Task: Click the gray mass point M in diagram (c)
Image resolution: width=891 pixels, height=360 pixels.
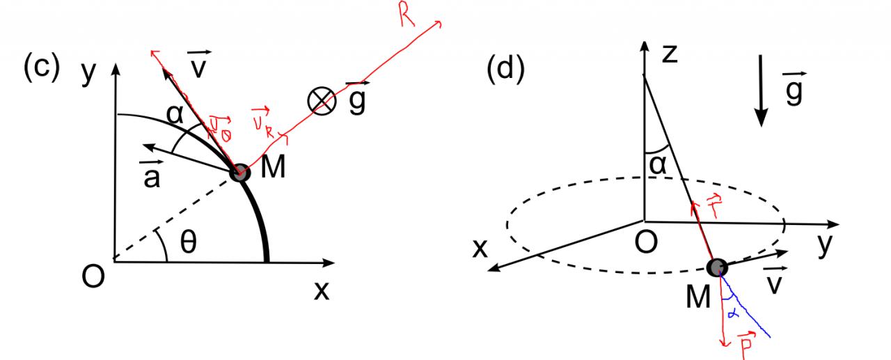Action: tap(239, 172)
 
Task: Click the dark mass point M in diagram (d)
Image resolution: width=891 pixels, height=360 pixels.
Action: tap(716, 267)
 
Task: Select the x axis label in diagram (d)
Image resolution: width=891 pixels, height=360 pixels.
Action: tap(480, 249)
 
